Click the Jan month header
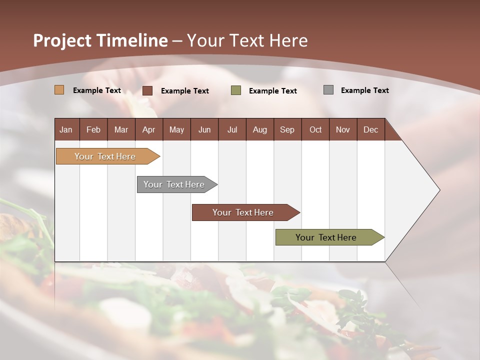pos(66,129)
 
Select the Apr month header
pos(148,129)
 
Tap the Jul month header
pos(232,129)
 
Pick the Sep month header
pos(287,129)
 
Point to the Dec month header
pos(370,129)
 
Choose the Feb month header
pos(93,129)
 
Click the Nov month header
pos(342,129)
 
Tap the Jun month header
pos(204,129)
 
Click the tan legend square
pos(59,90)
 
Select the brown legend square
pos(147,90)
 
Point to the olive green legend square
pos(236,90)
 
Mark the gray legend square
pos(328,90)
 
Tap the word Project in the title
pos(62,40)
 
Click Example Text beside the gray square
pos(364,90)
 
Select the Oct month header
pos(315,129)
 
